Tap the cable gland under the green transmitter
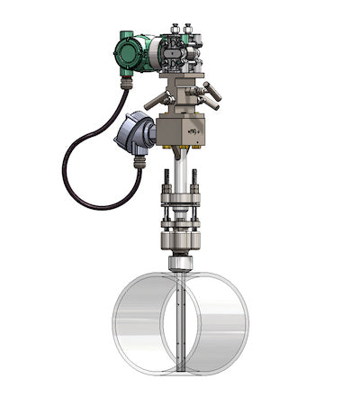(x=127, y=83)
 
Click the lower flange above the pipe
(x=181, y=241)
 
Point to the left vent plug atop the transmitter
(x=171, y=30)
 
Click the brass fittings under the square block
(x=181, y=147)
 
